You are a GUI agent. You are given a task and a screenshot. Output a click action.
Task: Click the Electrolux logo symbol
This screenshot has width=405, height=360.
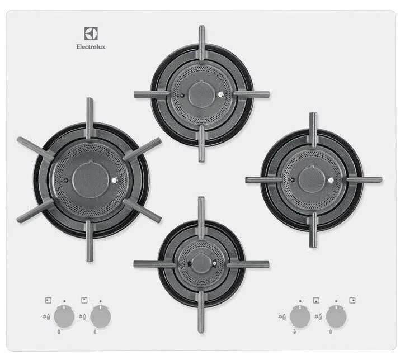[x=91, y=34]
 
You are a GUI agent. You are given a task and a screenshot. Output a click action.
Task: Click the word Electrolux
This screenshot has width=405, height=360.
[x=91, y=47]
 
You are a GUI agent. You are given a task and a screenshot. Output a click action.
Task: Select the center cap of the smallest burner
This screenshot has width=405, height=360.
[x=201, y=262]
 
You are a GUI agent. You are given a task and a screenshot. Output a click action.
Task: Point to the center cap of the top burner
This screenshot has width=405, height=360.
[x=202, y=93]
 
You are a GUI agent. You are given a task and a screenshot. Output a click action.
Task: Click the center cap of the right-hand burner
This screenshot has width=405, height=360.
[x=312, y=179]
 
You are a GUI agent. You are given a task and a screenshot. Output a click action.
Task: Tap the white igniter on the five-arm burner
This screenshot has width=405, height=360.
[x=115, y=181]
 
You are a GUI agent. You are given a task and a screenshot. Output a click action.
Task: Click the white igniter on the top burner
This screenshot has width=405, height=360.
[x=220, y=95]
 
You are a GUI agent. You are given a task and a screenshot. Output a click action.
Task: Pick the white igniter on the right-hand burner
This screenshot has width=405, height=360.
[x=331, y=180]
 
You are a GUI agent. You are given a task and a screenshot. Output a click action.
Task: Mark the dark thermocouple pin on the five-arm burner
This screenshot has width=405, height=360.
[x=66, y=180]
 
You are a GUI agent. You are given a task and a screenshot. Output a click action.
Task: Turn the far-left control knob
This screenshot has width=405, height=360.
[x=64, y=316]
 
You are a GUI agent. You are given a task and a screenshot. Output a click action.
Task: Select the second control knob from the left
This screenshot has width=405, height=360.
[x=101, y=316]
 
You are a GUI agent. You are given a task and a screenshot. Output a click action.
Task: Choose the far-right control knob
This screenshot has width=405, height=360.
[x=336, y=316]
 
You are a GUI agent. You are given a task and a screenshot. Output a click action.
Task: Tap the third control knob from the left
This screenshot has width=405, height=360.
[x=300, y=316]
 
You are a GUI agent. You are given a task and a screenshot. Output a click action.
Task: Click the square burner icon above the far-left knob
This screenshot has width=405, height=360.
[x=48, y=300]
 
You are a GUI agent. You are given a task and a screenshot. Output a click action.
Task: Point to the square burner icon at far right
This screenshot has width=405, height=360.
[x=352, y=300]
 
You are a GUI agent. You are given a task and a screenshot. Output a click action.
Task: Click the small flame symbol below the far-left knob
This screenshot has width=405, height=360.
[x=59, y=331]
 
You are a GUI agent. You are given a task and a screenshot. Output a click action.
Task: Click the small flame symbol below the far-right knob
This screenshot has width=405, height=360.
[x=331, y=331]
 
